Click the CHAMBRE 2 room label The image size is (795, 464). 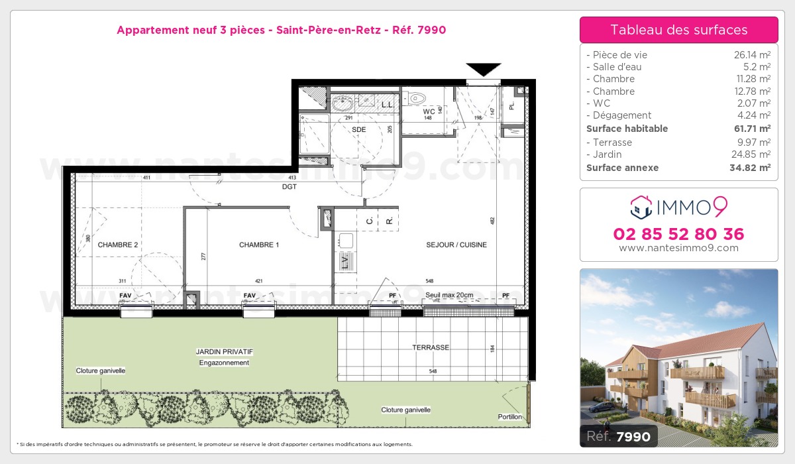coord(118,245)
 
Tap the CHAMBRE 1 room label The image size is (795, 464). coord(259,245)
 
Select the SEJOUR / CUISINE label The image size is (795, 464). coord(456,245)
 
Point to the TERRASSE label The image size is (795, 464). coord(431,347)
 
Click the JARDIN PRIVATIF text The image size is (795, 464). coord(224,351)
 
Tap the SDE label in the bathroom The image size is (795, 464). coord(358,129)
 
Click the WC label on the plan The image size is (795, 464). coord(429,111)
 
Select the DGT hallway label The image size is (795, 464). coord(289,187)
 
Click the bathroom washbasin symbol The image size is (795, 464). coord(343,103)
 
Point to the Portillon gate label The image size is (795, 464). coord(510,417)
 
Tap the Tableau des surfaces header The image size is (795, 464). coord(678,30)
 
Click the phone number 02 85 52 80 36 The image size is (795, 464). coord(678,234)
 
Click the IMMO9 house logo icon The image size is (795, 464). coord(640,207)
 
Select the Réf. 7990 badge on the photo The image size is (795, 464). coord(619,436)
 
